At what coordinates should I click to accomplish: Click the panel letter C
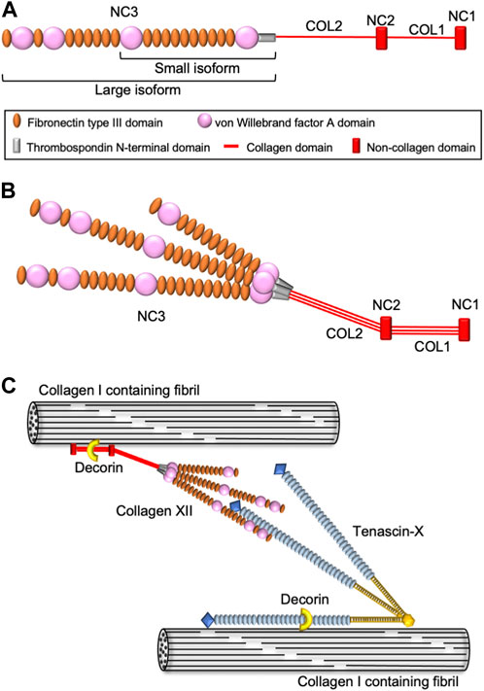(x=10, y=386)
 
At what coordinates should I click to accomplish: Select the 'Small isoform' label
(x=196, y=68)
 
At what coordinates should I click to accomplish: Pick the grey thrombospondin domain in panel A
(x=267, y=39)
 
